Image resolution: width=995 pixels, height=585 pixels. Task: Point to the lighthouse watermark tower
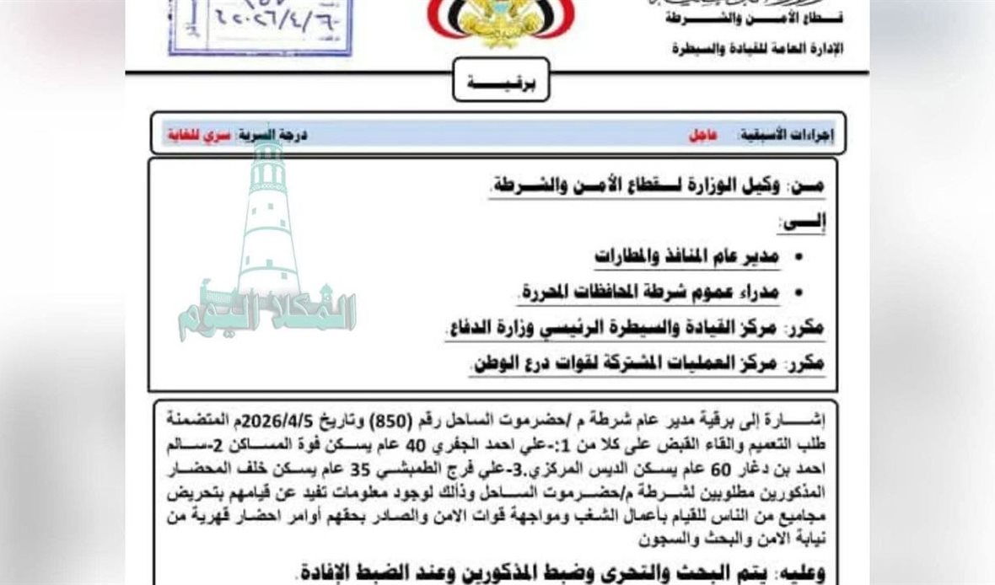tap(268, 219)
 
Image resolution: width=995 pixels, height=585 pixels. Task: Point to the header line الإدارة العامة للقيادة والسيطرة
tap(757, 49)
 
